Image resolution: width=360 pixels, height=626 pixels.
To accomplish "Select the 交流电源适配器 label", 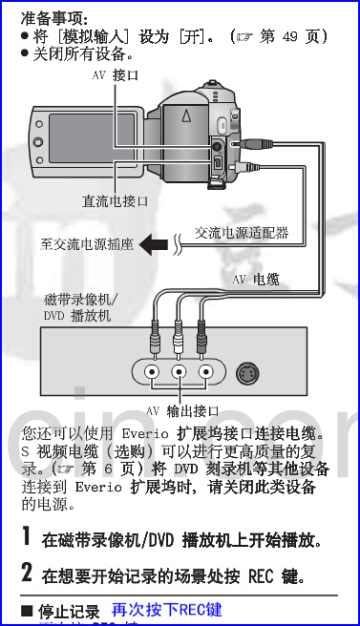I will [242, 232].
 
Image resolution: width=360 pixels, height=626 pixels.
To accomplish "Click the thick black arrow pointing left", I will [154, 245].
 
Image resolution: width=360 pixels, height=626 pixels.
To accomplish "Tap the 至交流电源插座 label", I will [87, 245].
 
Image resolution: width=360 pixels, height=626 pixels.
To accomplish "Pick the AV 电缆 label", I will [256, 280].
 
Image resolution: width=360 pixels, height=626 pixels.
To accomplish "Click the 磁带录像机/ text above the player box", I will [77, 299].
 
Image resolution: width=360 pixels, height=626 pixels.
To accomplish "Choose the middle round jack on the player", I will [178, 372].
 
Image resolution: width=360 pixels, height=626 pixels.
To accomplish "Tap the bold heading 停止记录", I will [68, 611].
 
